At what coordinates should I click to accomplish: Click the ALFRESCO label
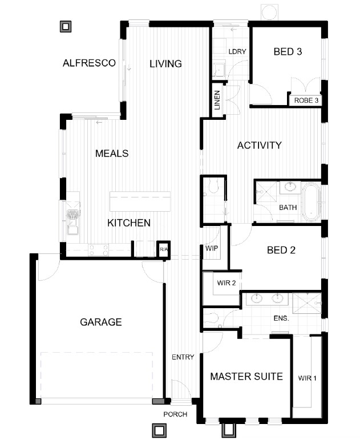[x=89, y=63]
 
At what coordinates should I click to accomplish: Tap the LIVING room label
[x=165, y=64]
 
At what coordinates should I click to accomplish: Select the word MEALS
[x=112, y=154]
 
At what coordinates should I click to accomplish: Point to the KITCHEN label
[x=129, y=223]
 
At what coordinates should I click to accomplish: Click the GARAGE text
[x=101, y=322]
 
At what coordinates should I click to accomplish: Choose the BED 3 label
[x=288, y=51]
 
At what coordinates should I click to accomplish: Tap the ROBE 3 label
[x=306, y=100]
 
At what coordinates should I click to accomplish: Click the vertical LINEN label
[x=217, y=100]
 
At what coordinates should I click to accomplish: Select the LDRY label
[x=237, y=51]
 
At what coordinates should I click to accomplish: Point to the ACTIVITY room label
[x=259, y=146]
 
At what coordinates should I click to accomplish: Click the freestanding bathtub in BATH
[x=312, y=203]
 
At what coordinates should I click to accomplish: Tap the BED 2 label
[x=281, y=250]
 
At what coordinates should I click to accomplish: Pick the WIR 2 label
[x=226, y=283]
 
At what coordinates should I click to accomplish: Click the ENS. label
[x=281, y=318]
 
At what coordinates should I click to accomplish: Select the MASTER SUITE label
[x=246, y=376]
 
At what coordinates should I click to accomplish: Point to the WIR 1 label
[x=307, y=378]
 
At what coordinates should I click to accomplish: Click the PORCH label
[x=175, y=414]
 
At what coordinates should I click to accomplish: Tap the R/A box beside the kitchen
[x=163, y=249]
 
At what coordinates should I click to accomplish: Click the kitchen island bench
[x=140, y=201]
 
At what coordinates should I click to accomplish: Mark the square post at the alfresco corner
[x=66, y=27]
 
